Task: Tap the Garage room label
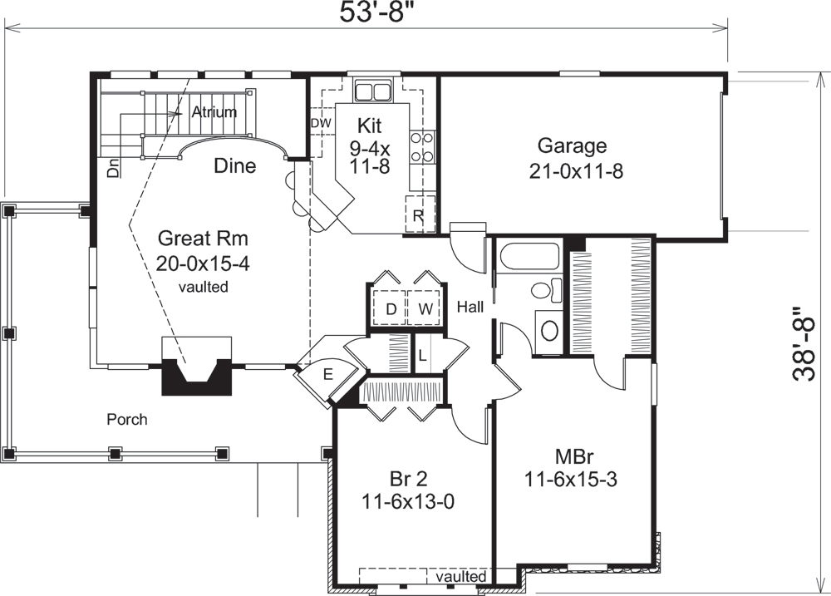[x=572, y=146]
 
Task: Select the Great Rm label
[x=204, y=239]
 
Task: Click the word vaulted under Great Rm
[x=204, y=287]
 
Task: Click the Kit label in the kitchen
[x=369, y=126]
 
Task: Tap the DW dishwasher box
[x=321, y=123]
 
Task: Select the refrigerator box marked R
[x=419, y=216]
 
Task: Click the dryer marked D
[x=390, y=310]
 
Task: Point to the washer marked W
[x=424, y=310]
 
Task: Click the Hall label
[x=470, y=308]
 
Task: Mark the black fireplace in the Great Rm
[x=196, y=377]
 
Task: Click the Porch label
[x=127, y=419]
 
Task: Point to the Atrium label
[x=214, y=111]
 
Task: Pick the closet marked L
[x=422, y=355]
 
